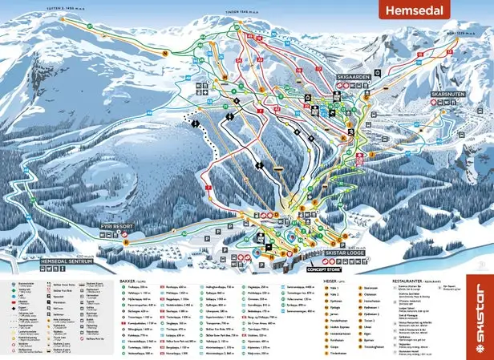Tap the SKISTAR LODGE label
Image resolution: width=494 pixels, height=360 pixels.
coord(342,253)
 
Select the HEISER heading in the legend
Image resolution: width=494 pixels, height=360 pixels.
coord(326,282)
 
